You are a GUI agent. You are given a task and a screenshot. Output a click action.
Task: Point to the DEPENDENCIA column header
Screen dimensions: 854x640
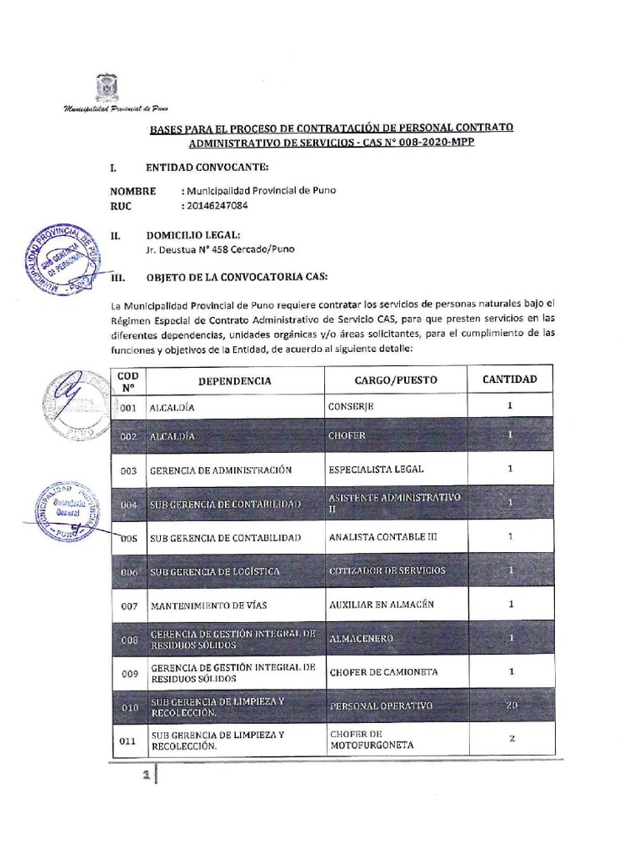[234, 380]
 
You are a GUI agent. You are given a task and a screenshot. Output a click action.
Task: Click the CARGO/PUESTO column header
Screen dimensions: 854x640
[395, 380]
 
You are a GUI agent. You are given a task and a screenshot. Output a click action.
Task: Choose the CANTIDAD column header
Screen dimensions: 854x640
[509, 379]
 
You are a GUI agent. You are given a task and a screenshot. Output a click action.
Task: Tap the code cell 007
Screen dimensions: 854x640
[128, 605]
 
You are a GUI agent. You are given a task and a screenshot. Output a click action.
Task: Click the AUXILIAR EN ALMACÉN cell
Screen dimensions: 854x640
[382, 604]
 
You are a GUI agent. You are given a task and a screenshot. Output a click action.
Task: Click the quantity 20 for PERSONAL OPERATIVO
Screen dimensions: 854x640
[512, 706]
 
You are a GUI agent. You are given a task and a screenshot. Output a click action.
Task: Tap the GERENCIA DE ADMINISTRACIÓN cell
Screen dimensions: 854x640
[221, 470]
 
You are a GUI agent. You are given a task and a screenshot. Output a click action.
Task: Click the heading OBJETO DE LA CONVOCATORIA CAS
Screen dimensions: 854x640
[237, 276]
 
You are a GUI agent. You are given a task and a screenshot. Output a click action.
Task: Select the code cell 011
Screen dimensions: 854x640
[128, 739]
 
